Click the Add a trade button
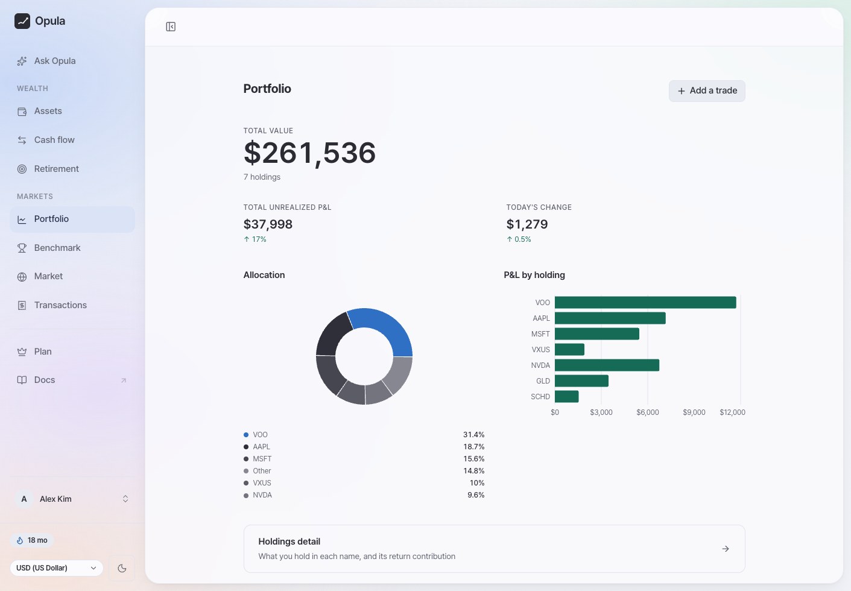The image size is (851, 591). (707, 91)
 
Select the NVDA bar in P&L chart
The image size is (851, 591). (607, 365)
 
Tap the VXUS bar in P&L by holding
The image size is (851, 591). (569, 349)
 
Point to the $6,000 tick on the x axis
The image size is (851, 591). (647, 412)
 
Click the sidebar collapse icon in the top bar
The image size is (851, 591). (171, 27)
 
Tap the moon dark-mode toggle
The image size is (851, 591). (122, 568)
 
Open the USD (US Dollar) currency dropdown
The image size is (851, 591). (56, 568)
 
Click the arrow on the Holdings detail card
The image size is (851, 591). (725, 548)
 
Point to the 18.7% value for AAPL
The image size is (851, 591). (473, 447)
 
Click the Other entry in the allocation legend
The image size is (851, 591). (262, 471)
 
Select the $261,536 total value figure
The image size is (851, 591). (309, 153)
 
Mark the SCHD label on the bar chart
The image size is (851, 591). (540, 397)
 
